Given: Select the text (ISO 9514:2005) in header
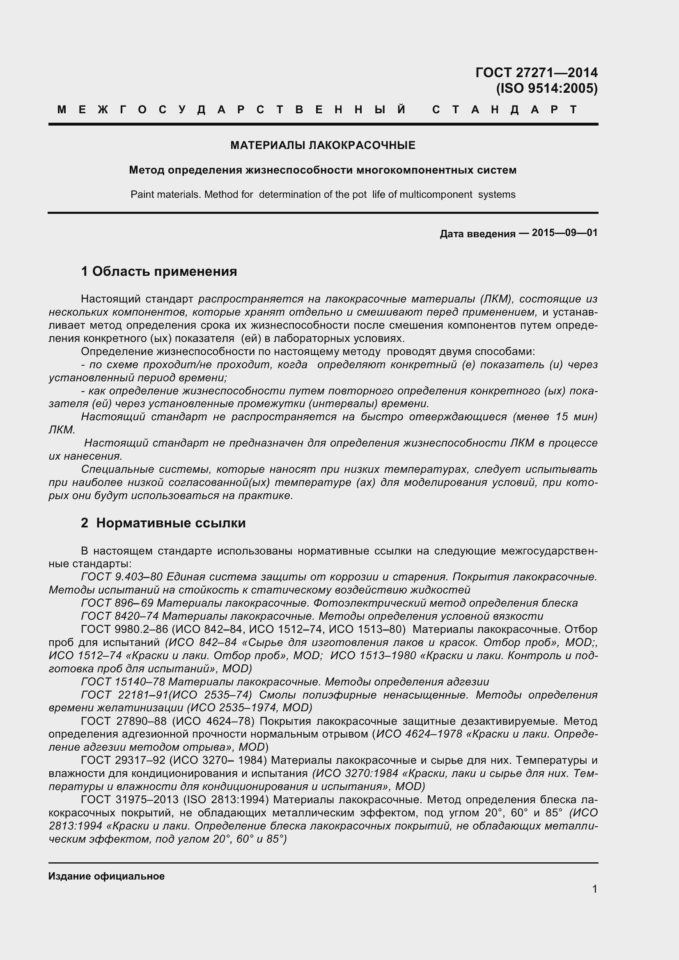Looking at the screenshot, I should [x=546, y=89].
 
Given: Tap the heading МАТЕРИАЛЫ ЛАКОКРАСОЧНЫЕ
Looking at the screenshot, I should [x=323, y=146].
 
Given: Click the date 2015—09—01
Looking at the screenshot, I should [x=564, y=233].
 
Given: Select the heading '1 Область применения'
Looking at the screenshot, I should [x=159, y=271].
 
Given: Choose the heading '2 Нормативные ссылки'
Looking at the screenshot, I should [x=163, y=523].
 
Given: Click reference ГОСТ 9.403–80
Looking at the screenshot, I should [x=122, y=577].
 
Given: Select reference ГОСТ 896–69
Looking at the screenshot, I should [x=117, y=603].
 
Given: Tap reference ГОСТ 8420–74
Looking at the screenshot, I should [x=120, y=616].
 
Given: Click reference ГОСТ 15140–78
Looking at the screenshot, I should [x=123, y=682].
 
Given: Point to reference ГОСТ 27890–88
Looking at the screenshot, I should [x=123, y=721].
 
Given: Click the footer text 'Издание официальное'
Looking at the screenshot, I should [x=106, y=876].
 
